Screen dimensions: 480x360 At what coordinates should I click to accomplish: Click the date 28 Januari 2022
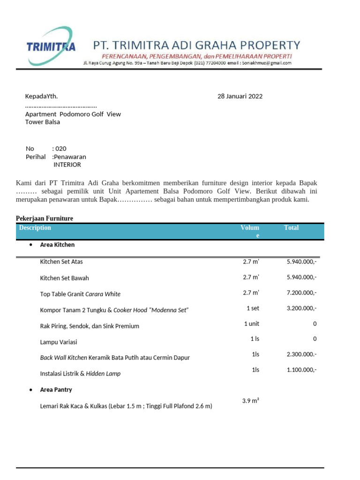click(240, 97)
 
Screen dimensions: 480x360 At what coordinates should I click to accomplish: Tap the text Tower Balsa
click(43, 122)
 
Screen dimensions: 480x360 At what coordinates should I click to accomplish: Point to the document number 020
click(60, 149)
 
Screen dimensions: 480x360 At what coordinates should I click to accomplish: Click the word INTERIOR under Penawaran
click(67, 165)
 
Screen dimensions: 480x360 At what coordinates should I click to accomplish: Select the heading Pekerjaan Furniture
click(45, 218)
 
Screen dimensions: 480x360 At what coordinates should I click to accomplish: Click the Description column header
click(35, 228)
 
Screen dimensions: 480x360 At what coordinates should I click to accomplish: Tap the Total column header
click(291, 228)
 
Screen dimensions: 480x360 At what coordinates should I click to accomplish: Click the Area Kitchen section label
click(57, 245)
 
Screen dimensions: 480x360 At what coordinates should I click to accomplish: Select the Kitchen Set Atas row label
click(61, 262)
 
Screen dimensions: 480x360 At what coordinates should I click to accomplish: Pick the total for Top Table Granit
click(301, 293)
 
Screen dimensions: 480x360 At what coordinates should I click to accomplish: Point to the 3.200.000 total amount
click(301, 308)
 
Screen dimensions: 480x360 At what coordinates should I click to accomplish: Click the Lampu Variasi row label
click(59, 342)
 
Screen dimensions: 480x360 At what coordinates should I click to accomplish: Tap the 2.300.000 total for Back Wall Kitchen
click(301, 355)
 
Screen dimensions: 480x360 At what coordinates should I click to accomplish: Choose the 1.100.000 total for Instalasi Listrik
click(301, 370)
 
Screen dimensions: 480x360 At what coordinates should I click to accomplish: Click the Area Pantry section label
click(56, 390)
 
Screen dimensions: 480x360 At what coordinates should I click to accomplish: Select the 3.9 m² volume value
click(251, 401)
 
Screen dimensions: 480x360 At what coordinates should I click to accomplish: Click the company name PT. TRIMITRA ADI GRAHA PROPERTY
click(197, 45)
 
